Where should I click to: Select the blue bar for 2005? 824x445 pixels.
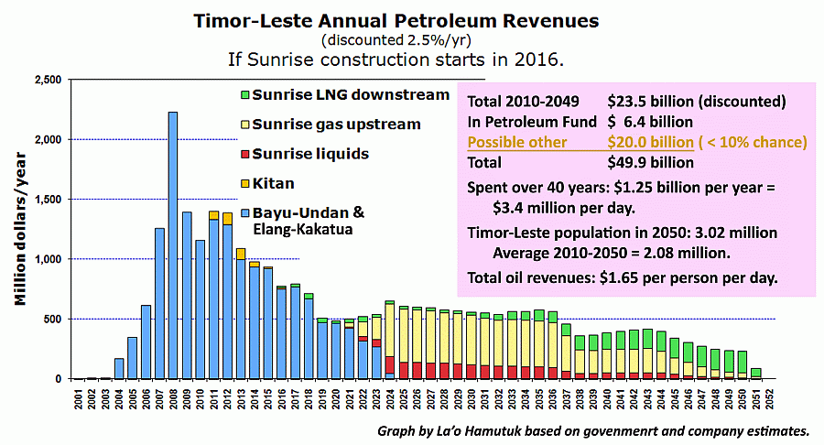tap(133, 358)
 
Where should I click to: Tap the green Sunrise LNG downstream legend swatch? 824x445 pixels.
tap(244, 95)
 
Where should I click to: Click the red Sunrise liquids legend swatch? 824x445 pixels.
tap(244, 154)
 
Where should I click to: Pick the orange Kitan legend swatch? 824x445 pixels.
tap(244, 184)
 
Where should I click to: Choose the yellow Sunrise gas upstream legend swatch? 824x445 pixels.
tap(244, 125)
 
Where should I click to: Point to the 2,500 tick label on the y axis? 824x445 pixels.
tap(46, 81)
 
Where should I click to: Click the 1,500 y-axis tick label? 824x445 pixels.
tap(46, 200)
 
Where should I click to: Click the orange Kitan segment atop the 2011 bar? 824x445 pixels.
tap(213, 215)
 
